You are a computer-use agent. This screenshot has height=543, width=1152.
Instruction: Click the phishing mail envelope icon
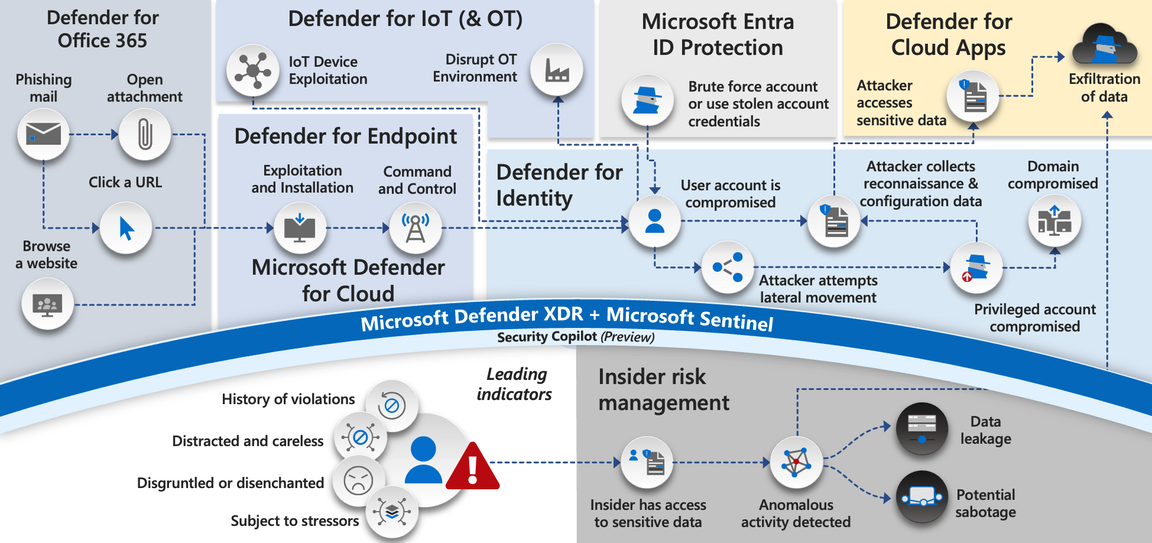click(44, 135)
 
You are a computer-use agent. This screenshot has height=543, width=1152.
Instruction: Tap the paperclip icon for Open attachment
click(145, 135)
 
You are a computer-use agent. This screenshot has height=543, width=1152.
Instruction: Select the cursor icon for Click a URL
click(126, 228)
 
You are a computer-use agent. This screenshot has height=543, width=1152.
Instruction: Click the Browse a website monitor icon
click(48, 304)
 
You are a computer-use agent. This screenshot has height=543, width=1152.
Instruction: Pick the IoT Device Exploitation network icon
click(253, 70)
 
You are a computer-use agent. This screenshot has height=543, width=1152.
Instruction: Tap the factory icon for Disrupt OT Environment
click(557, 70)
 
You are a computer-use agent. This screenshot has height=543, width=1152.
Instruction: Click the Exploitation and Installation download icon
click(300, 228)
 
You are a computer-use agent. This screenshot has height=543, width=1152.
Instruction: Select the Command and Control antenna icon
click(416, 228)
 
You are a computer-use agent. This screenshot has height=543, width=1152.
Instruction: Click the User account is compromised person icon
click(655, 221)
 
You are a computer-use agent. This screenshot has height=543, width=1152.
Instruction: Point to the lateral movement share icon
click(728, 267)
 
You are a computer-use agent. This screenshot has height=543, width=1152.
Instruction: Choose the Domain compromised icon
click(1054, 221)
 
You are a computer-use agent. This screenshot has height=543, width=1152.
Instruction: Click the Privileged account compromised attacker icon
click(976, 268)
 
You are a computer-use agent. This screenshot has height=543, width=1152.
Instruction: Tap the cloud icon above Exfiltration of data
click(1105, 45)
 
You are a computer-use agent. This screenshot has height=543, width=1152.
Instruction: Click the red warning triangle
click(473, 467)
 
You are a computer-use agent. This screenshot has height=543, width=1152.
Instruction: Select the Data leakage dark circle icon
click(922, 428)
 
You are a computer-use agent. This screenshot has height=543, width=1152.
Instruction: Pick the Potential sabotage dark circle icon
click(922, 496)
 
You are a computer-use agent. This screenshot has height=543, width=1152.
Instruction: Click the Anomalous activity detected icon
click(797, 463)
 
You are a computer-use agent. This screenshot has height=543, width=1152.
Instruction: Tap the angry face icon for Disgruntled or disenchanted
click(358, 480)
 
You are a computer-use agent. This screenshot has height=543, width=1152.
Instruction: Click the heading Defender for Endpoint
click(346, 136)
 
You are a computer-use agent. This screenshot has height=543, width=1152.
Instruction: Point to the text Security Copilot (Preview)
click(576, 337)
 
